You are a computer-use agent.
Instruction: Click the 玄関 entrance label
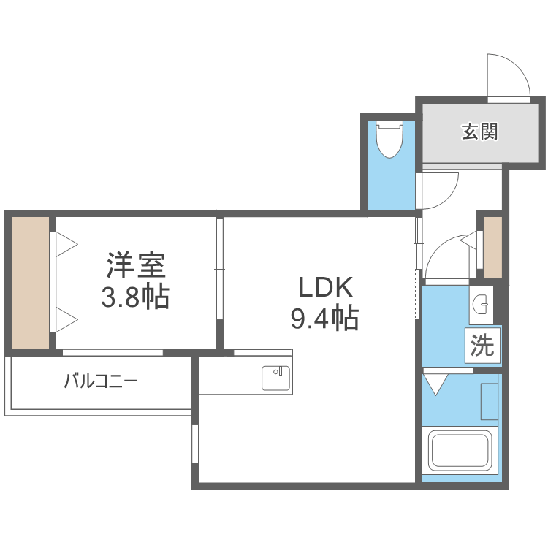pyautogui.click(x=479, y=132)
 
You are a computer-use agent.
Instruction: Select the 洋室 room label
pyautogui.click(x=137, y=265)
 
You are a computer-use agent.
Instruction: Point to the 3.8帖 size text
pyautogui.click(x=137, y=296)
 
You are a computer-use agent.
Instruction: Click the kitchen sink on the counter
pyautogui.click(x=276, y=378)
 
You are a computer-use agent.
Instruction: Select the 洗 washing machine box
pyautogui.click(x=482, y=346)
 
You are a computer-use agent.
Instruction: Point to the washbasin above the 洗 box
pyautogui.click(x=482, y=304)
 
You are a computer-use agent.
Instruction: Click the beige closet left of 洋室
pyautogui.click(x=30, y=282)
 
